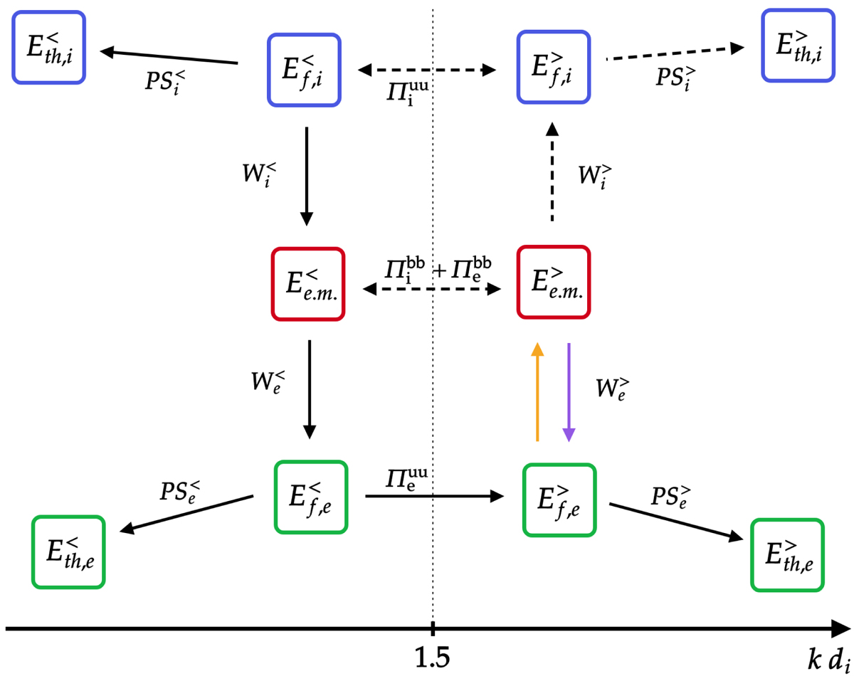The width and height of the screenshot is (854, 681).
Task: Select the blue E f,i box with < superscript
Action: click(x=304, y=69)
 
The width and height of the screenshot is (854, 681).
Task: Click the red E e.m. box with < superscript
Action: click(x=308, y=283)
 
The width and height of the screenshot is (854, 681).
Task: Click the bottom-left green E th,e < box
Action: click(x=69, y=552)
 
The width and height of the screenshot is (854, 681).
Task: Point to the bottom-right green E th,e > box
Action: click(x=788, y=554)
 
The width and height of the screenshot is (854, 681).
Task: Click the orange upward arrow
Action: click(x=537, y=391)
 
